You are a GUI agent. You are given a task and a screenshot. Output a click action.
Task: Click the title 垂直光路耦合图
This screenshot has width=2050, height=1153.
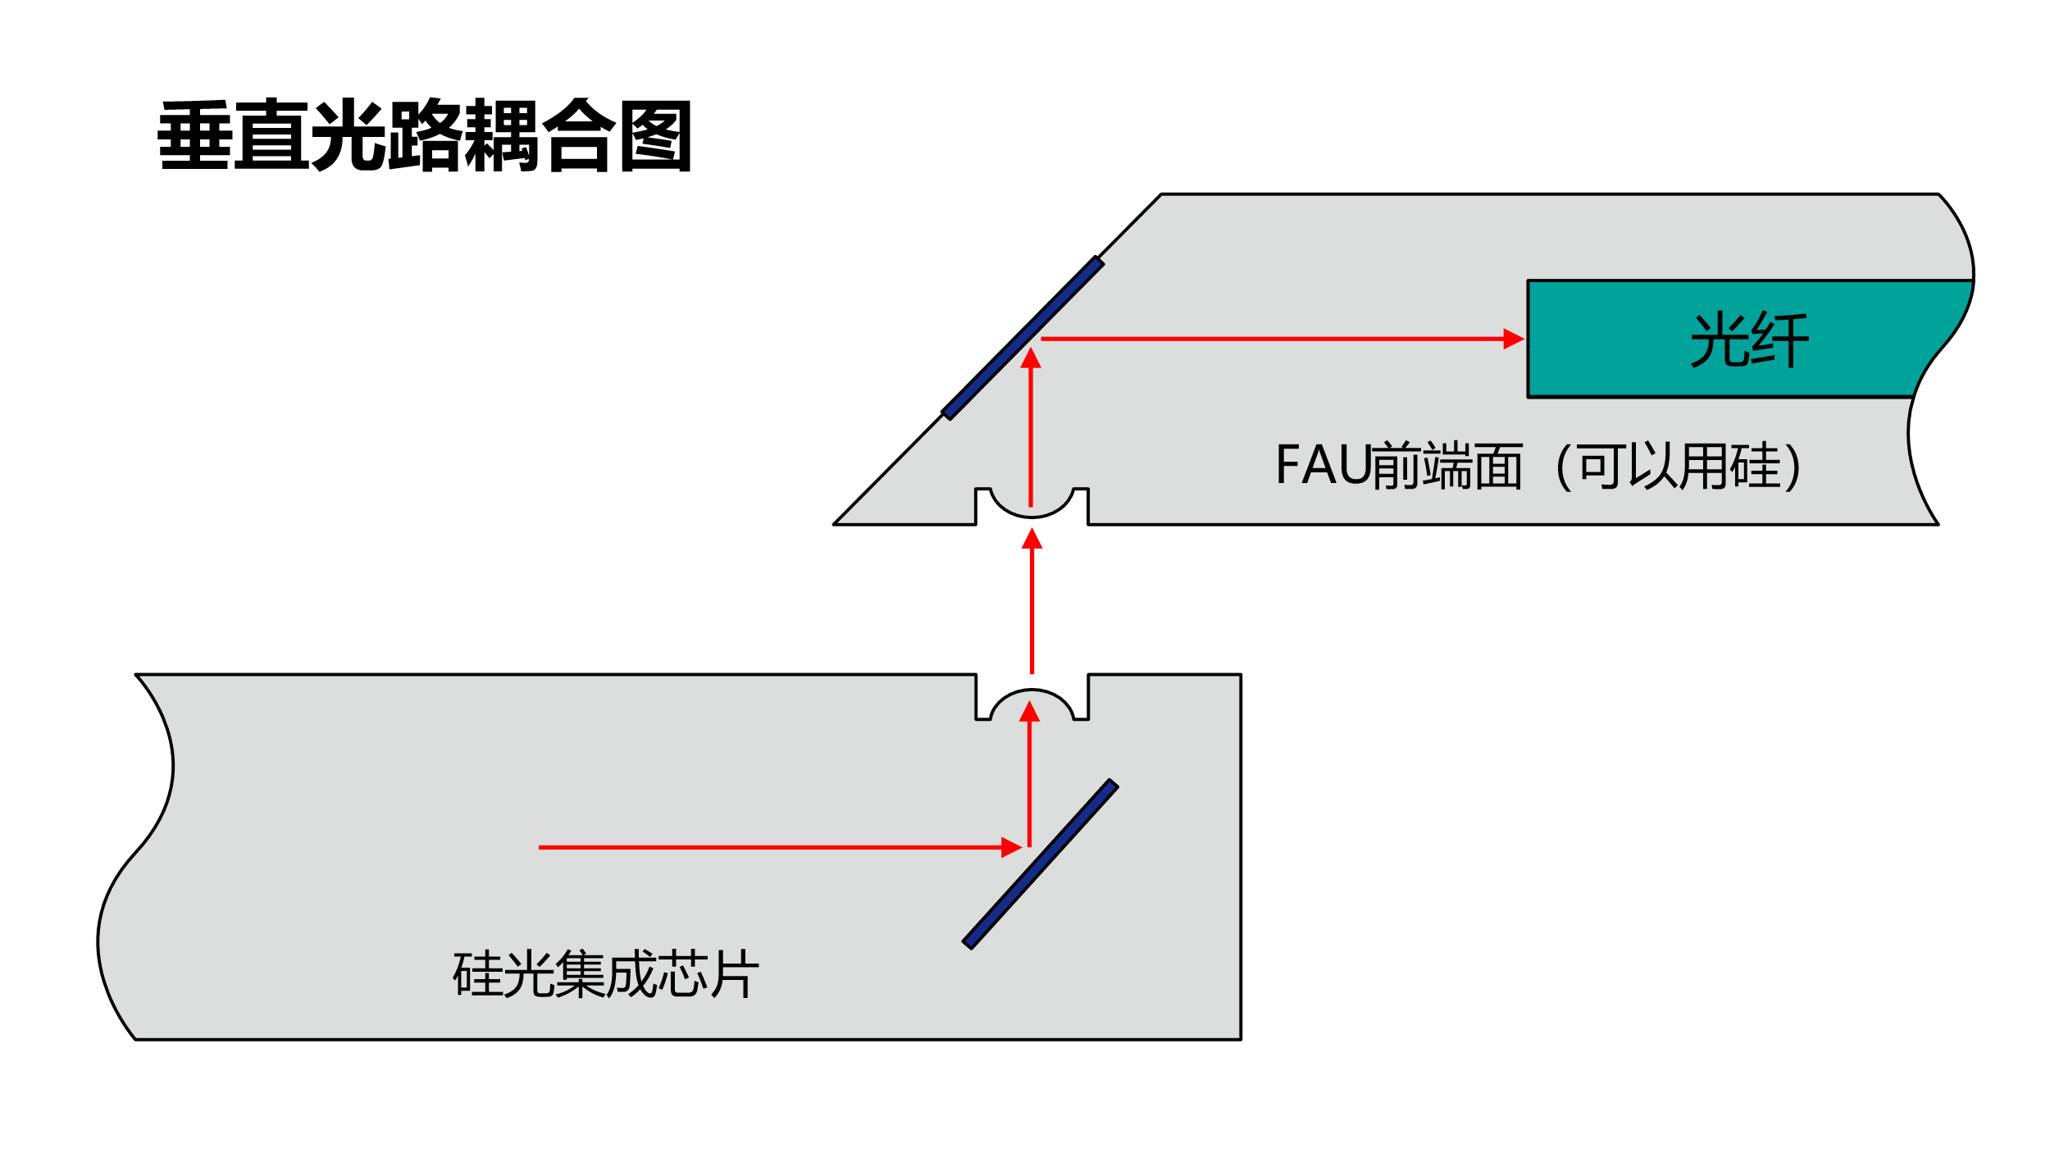tap(424, 136)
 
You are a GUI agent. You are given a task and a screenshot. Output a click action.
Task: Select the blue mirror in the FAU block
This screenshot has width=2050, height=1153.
tap(1023, 338)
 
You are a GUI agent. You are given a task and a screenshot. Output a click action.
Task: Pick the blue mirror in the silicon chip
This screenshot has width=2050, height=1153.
tap(1041, 864)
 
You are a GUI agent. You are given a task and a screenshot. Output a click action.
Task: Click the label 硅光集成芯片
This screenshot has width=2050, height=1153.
tap(606, 973)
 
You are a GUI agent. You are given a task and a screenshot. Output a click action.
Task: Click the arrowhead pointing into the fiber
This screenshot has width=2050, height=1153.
tap(1513, 339)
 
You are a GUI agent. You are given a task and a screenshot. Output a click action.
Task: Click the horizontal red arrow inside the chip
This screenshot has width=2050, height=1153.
tap(771, 847)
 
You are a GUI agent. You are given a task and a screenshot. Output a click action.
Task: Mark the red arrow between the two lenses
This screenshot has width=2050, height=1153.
tap(1032, 603)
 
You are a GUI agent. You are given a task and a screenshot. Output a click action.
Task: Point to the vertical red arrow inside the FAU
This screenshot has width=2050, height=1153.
tap(1031, 426)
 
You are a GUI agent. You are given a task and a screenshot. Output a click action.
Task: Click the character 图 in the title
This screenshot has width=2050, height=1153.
tap(656, 136)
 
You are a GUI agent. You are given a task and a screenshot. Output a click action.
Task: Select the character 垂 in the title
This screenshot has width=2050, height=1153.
tap(194, 136)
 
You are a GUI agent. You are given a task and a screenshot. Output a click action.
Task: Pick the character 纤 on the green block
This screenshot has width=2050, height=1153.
tap(1779, 340)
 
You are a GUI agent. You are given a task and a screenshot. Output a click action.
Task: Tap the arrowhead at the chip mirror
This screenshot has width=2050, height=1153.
tap(1011, 847)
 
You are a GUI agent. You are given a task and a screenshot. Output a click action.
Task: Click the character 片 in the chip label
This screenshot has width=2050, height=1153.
tap(736, 973)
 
